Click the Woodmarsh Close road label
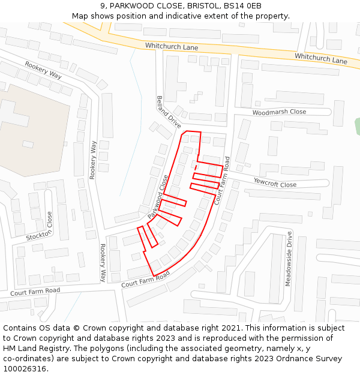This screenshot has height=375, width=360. (x=279, y=112)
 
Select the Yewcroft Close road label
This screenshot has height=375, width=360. (x=275, y=182)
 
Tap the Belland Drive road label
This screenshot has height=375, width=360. (x=169, y=112)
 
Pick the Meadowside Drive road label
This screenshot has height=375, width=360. (x=289, y=259)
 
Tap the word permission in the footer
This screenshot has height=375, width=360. (x=295, y=338)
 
